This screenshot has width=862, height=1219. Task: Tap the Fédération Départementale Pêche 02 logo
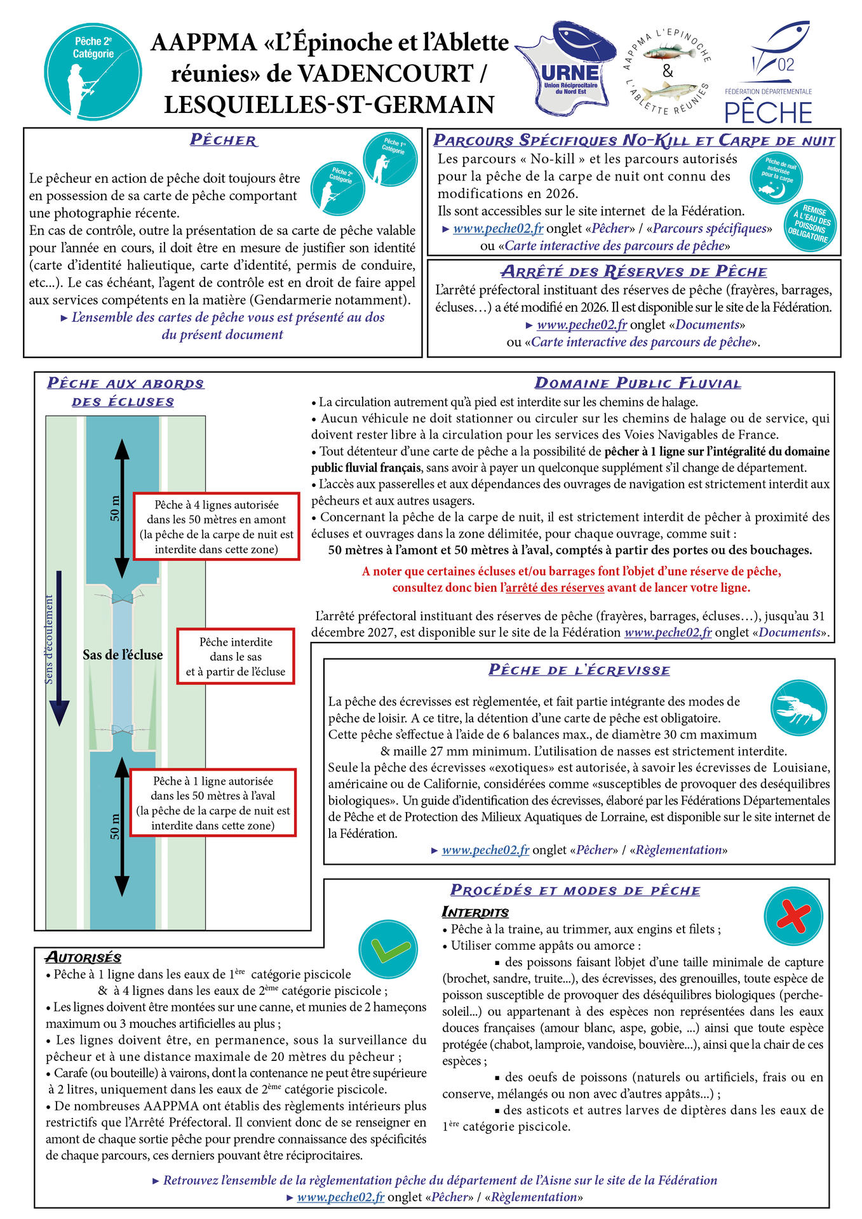769,73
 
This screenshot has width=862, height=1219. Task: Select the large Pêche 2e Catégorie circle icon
93,72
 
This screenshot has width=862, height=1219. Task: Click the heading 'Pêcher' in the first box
224,140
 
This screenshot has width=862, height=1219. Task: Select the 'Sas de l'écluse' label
123,655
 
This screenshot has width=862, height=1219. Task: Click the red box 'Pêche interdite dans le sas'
236,656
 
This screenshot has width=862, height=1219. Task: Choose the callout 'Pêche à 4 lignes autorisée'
216,526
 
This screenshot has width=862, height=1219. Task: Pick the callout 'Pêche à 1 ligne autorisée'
213,803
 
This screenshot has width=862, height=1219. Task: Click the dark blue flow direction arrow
59,648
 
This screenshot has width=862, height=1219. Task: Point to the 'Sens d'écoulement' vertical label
49,639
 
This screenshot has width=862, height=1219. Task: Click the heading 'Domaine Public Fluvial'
638,383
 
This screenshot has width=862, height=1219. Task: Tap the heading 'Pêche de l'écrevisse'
579,670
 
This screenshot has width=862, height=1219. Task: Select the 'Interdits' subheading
475,912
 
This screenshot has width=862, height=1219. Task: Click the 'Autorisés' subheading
83,957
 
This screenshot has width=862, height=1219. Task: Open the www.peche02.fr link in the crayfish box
485,849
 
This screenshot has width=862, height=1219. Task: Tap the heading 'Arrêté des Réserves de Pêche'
633,272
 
